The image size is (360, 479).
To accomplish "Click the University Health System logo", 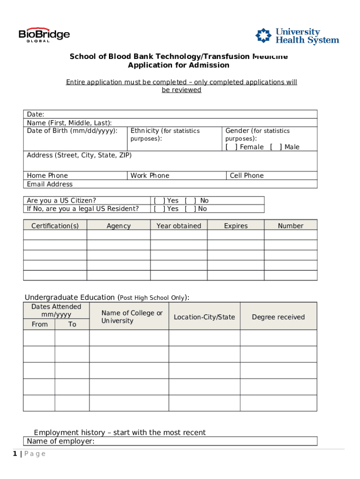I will [x=297, y=36].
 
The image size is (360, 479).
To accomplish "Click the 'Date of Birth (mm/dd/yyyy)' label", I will [x=72, y=131].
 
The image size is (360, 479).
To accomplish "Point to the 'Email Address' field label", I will [x=50, y=184].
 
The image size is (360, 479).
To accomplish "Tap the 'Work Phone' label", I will [x=150, y=176].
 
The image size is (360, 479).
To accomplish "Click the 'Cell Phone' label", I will [x=246, y=176].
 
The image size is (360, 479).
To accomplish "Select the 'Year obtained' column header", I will [x=179, y=226].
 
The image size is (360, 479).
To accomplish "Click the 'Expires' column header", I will [x=236, y=226].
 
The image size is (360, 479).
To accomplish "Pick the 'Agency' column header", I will [x=118, y=226].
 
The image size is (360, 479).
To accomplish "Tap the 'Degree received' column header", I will [x=278, y=317].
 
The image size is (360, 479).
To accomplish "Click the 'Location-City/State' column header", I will [x=204, y=317].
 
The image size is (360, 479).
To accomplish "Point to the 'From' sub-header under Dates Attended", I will [x=39, y=324].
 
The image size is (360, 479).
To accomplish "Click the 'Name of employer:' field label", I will [x=61, y=441].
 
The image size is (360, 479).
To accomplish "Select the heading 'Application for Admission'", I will [x=179, y=65].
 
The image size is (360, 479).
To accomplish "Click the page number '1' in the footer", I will [x=15, y=454].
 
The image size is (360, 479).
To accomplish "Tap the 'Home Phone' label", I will [x=47, y=176].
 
